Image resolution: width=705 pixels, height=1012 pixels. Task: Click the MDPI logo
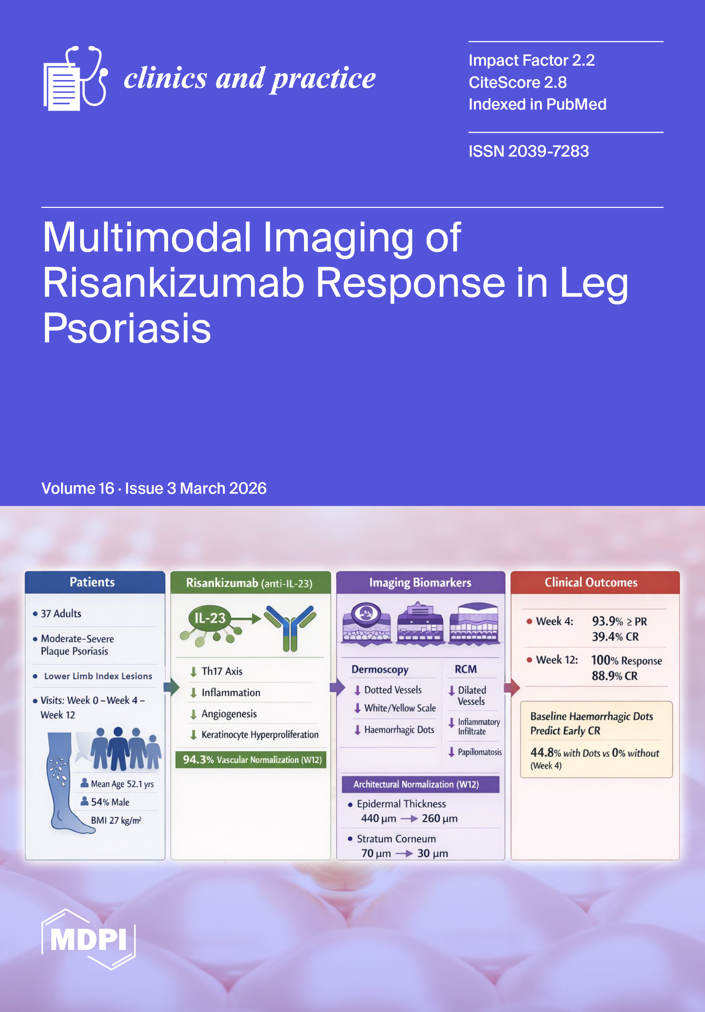point(88,939)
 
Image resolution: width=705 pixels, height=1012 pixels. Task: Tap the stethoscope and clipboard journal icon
point(75,78)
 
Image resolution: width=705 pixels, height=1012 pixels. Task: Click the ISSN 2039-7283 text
point(528,151)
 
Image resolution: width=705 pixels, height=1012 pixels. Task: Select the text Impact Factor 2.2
point(532,60)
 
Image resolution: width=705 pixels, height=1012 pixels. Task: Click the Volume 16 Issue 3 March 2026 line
point(154,488)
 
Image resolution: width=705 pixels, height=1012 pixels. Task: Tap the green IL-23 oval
point(210,618)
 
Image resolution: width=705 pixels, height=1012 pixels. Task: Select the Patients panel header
point(93,582)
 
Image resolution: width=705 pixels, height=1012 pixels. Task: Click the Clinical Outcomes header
point(591,582)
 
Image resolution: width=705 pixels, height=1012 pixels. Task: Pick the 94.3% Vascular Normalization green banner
point(251,760)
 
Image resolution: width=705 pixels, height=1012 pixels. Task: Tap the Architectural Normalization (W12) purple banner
point(416,784)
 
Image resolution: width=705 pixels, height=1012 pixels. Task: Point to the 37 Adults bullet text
point(61,613)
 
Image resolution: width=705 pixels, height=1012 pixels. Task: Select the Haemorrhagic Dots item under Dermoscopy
point(399,730)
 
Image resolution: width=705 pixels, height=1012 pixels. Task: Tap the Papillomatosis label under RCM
point(479,752)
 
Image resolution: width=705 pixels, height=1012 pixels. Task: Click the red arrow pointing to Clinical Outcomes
point(512,687)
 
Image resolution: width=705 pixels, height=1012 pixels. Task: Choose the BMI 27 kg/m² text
point(116,820)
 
